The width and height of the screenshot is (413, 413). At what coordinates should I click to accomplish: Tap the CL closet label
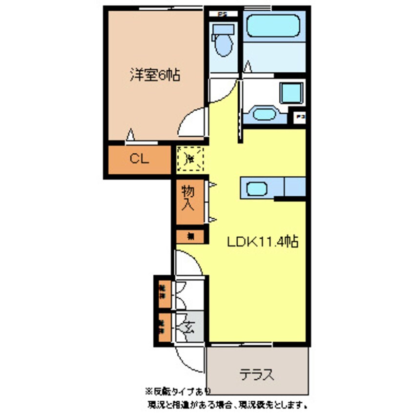coord(139,159)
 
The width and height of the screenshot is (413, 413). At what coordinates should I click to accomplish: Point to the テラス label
coord(256,375)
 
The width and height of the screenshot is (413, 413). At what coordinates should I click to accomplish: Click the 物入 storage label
coord(188,198)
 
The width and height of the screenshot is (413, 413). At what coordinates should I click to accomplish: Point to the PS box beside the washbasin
coord(300,118)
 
